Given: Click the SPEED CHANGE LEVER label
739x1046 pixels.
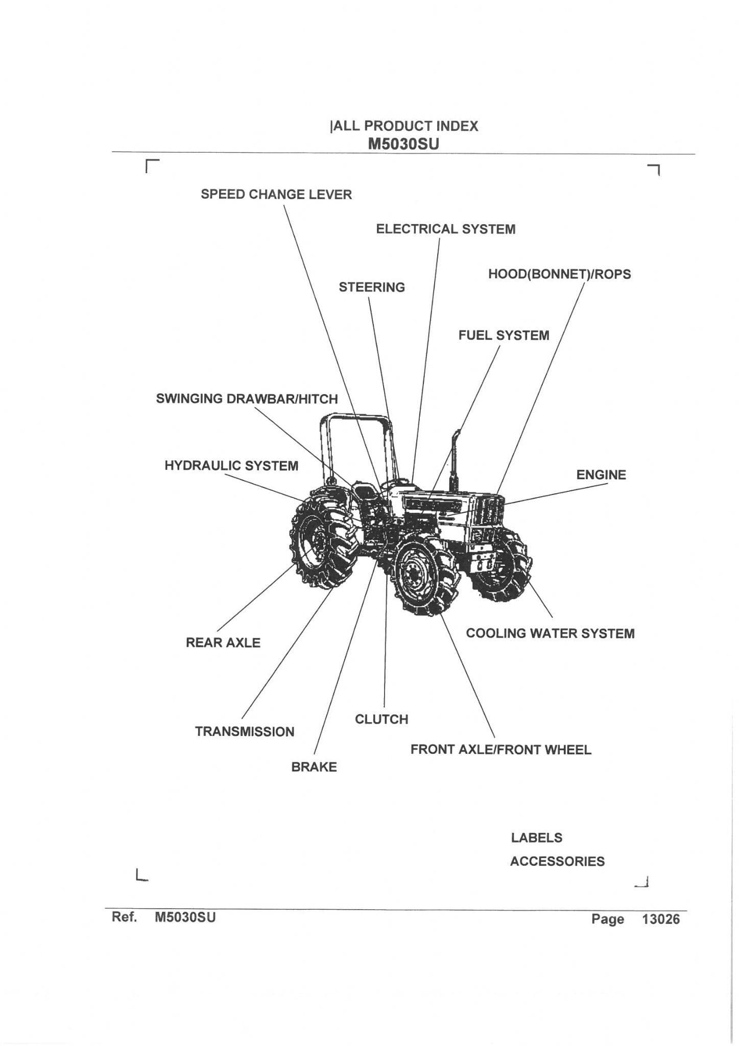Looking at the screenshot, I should point(276,195).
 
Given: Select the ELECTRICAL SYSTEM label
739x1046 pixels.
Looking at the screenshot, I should point(445,229).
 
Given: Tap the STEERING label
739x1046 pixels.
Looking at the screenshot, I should point(371,288).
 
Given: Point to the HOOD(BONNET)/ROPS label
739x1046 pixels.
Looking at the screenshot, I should point(559,274).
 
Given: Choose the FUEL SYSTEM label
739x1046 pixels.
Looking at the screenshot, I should point(504,336).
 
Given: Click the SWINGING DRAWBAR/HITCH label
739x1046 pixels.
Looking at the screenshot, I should point(247,399).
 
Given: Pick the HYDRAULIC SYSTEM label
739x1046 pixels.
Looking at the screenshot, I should point(231,466).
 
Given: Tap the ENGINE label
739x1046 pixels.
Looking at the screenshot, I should point(601,475).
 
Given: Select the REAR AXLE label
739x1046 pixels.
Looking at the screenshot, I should point(223,643).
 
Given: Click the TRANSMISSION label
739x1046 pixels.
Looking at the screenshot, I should point(245,731).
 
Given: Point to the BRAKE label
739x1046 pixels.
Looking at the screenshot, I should point(314,767).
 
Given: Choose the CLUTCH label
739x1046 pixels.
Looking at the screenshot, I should point(382,719).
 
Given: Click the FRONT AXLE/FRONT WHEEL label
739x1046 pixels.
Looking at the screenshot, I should point(500,750).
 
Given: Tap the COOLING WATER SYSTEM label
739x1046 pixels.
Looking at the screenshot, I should point(550,633).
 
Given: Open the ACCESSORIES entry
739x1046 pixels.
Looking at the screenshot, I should point(557,861).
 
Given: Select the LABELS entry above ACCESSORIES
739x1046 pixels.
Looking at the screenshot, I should point(536,838).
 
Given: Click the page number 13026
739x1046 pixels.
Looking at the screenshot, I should point(661,919).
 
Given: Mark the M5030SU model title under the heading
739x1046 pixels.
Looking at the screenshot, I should point(403,144).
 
